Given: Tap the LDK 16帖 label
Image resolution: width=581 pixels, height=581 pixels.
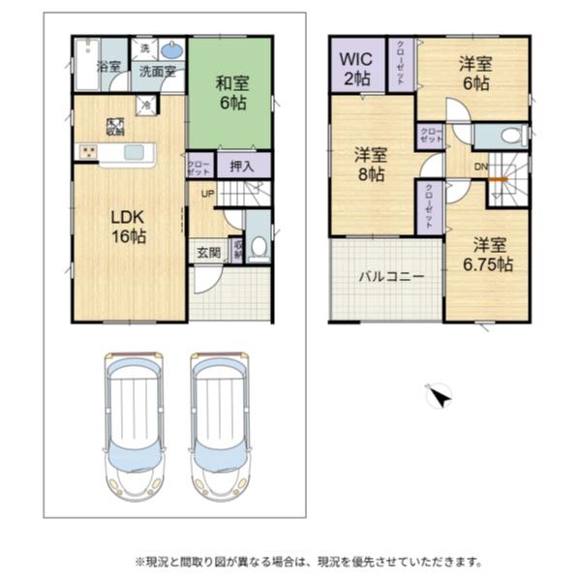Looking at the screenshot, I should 126,225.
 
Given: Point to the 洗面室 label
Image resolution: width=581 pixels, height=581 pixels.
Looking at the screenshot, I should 154,71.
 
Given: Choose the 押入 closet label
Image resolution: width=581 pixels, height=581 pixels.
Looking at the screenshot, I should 242,167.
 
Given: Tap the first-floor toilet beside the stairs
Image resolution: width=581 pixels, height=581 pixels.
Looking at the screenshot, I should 258,248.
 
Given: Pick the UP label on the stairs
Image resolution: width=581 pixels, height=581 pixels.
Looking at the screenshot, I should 207,194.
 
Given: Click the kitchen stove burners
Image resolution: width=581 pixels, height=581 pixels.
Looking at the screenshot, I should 88,151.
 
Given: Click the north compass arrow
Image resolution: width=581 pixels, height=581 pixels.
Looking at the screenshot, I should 439,396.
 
